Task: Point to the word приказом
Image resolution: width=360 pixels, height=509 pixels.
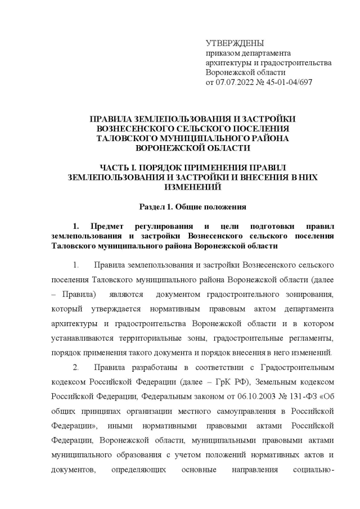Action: [x=222, y=53]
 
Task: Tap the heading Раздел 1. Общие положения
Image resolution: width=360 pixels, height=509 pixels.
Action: [x=192, y=206]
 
